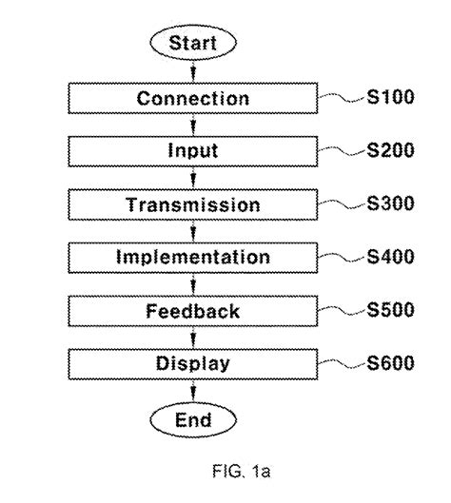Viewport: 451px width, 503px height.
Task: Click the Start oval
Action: point(193,44)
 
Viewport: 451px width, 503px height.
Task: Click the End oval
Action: point(193,419)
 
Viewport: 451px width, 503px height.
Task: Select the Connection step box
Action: point(193,99)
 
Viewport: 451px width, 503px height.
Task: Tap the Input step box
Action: point(193,151)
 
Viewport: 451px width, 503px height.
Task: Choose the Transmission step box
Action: point(193,204)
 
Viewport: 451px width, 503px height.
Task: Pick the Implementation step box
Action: point(193,258)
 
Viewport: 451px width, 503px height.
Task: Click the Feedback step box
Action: point(193,311)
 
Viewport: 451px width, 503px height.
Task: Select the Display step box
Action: point(193,363)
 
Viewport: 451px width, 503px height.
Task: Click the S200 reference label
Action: point(390,149)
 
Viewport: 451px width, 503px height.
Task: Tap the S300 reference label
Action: point(390,203)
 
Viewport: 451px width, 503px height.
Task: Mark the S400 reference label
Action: point(390,256)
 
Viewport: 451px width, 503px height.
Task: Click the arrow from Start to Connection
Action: point(193,72)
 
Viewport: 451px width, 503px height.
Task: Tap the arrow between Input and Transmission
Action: point(193,178)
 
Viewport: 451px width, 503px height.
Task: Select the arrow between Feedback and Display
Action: point(193,338)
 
